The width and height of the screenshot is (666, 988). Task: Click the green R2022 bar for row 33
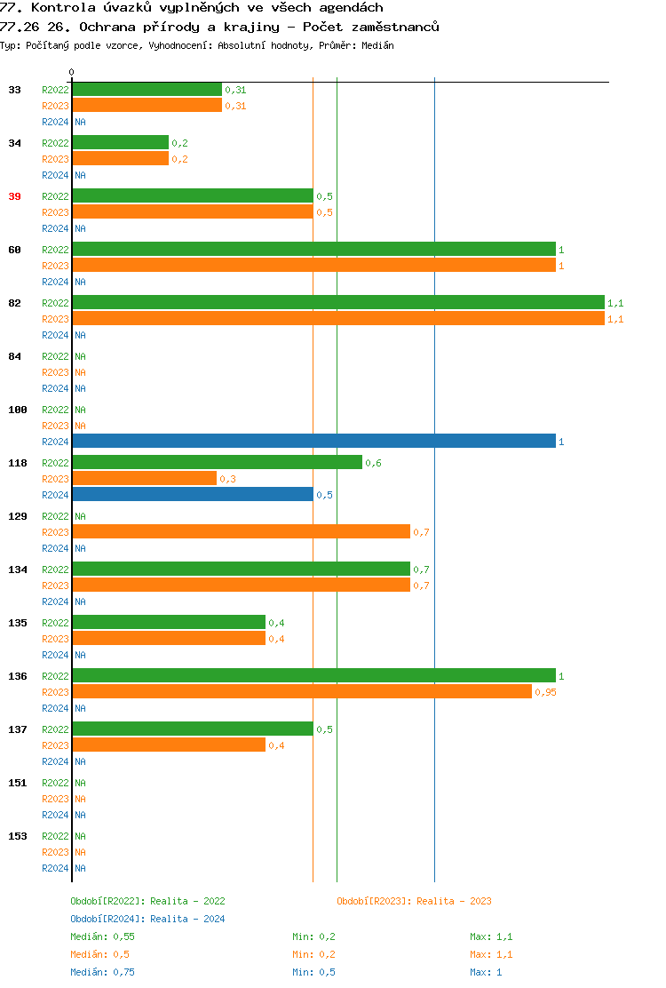147,90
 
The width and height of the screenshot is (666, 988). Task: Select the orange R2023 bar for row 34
120,159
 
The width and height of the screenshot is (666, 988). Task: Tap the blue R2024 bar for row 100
313,442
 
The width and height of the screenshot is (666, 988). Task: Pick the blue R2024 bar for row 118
192,495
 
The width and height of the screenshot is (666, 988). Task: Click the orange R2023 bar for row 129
241,532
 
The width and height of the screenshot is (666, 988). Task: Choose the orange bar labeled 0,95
302,692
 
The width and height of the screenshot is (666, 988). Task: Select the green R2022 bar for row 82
337,303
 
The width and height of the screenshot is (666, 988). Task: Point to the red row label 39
14,196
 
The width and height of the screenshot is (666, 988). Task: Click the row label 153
18,836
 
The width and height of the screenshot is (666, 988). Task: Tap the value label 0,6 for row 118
373,463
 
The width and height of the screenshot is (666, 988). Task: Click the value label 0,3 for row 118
227,479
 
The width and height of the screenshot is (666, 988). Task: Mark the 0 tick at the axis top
72,72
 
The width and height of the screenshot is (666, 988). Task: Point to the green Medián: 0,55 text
102,936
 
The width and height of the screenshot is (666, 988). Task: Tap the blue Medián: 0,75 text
102,972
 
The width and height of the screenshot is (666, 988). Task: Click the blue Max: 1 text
486,972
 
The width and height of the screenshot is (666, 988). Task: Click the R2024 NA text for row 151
80,815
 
